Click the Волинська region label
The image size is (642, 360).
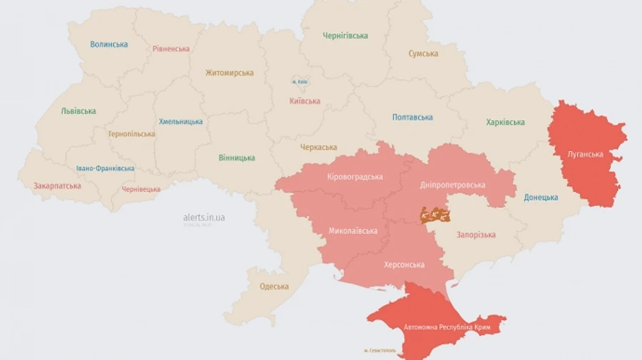[109, 44]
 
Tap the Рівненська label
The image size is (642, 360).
[171, 49]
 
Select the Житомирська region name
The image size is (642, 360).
[230, 73]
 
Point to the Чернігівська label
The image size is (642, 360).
[345, 36]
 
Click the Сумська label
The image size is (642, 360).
[423, 53]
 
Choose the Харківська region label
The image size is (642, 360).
[505, 123]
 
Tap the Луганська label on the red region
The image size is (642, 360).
[585, 154]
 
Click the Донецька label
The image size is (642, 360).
[541, 197]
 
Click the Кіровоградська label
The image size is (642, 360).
[355, 177]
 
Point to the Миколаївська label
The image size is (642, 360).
[354, 231]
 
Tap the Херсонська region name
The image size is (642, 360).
[404, 264]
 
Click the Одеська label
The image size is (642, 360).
[275, 287]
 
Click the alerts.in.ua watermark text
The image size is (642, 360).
[204, 217]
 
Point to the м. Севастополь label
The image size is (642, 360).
[379, 350]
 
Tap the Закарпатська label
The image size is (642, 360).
[57, 186]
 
